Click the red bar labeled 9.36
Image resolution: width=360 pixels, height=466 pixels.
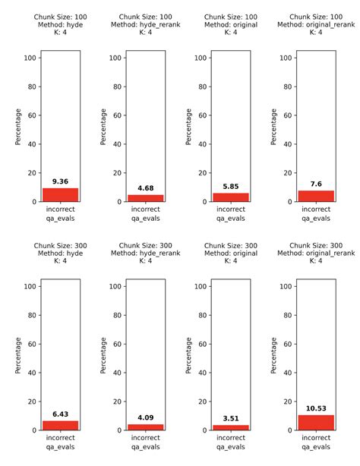pos(60,195)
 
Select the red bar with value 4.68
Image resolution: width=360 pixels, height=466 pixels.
pos(146,198)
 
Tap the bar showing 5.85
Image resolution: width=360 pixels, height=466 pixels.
pos(231,197)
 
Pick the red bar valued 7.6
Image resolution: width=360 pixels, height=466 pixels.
pos(317,196)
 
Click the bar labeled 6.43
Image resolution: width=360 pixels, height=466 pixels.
pos(60,425)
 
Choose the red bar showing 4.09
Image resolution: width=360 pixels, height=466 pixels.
pos(146,427)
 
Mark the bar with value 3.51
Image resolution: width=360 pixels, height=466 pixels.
pos(231,427)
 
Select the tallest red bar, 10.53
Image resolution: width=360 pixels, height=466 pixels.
pos(317,422)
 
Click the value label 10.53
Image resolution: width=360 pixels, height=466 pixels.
pos(317,408)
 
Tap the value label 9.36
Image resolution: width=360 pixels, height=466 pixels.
pos(60,181)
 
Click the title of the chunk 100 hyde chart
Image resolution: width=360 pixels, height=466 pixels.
pos(60,25)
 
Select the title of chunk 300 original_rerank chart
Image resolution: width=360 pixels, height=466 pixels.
pos(317,253)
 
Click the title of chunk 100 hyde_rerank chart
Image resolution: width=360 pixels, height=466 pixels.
pos(146,25)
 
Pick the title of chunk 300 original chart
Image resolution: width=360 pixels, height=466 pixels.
pos(231,253)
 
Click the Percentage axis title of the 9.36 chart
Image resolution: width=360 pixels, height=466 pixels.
pos(19,127)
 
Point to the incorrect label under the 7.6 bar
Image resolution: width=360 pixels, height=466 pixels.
pos(317,208)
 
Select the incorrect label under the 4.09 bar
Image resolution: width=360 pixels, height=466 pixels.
pos(146,437)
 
